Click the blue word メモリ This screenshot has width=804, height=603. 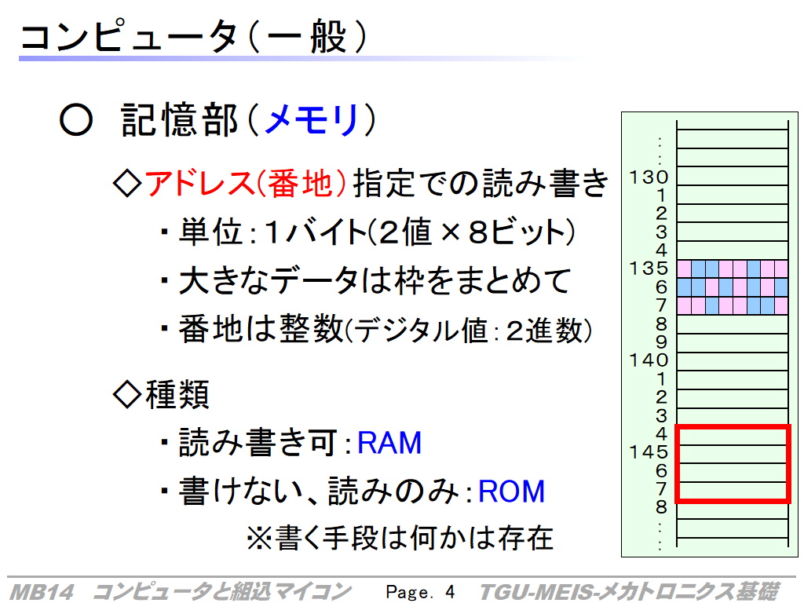[311, 119]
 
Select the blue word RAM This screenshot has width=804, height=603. [389, 443]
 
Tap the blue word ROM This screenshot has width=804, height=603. [511, 492]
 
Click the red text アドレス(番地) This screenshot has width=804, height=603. [246, 183]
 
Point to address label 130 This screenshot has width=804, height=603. [649, 177]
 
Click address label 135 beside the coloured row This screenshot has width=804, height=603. [649, 269]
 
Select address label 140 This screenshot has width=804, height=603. [649, 360]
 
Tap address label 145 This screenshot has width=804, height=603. [649, 451]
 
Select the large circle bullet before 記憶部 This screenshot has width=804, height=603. [76, 119]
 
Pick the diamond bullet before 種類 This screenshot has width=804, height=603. [127, 394]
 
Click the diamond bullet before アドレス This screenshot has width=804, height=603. [127, 184]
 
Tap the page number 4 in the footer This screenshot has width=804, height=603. [450, 592]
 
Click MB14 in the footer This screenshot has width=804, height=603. [42, 592]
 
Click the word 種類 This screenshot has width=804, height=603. [177, 394]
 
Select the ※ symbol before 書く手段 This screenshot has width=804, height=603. [259, 538]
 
